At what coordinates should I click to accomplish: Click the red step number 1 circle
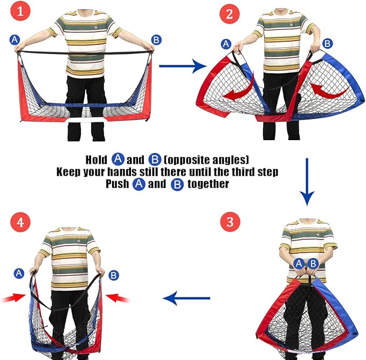point(20,11)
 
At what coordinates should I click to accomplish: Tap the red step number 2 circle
point(230,14)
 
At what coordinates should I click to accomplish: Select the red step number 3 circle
point(230,221)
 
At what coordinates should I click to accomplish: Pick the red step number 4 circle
point(20,222)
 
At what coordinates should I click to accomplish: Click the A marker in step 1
point(15,40)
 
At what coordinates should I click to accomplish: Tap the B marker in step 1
point(156,40)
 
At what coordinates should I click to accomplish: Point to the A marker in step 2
point(226,44)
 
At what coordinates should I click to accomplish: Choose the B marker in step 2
point(328,44)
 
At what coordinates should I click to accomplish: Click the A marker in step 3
point(299,264)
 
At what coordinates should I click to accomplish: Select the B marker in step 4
point(114,275)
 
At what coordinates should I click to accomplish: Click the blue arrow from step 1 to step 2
point(183,66)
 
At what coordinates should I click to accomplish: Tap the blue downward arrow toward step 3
point(307,182)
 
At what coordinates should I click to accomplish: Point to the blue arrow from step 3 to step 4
point(187,298)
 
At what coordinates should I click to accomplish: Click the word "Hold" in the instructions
point(96,160)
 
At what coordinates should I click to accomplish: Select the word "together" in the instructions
point(208,184)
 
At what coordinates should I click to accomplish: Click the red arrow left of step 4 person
point(13,298)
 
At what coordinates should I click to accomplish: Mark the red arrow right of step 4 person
point(118,298)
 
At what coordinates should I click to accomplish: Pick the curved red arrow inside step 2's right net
point(329,91)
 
